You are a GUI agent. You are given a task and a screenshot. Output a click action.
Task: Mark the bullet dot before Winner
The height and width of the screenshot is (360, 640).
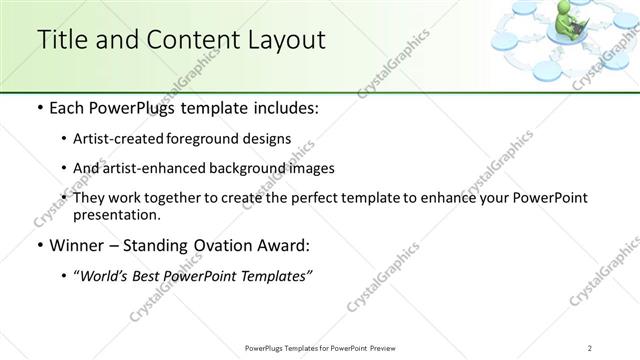point(38,246)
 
